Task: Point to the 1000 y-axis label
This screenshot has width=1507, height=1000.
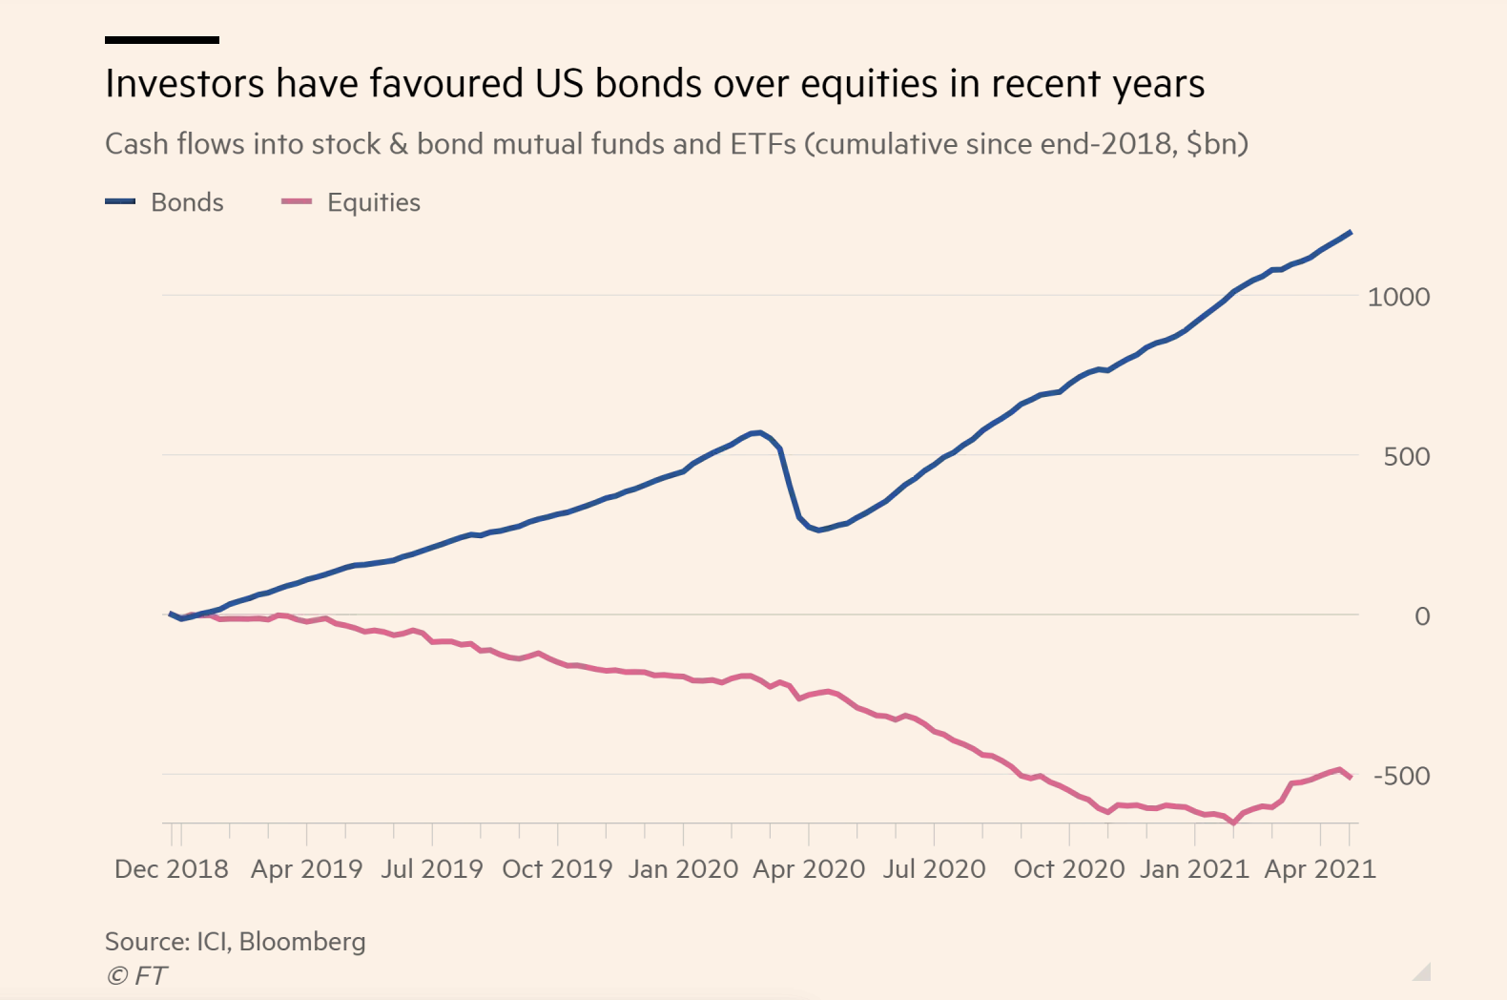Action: pos(1398,297)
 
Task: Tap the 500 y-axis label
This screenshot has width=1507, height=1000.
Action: pos(1407,456)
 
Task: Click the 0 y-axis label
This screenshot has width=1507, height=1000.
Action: pos(1421,616)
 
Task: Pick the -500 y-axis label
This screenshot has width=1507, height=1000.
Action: pos(1401,776)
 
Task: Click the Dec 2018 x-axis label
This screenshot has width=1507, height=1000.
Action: pos(172,868)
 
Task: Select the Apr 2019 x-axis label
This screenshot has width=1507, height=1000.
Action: pos(306,868)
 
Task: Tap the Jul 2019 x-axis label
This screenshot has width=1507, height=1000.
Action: pos(432,868)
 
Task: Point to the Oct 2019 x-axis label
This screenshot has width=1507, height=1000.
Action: pos(557,868)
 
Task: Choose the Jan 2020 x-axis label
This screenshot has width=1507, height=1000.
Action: pos(683,868)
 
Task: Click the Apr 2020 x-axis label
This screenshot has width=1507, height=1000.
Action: pos(809,868)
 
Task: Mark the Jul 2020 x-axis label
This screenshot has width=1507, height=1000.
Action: pos(934,868)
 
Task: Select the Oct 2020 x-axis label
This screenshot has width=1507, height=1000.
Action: pos(1069,868)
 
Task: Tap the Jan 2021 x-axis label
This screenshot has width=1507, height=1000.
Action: pos(1194,868)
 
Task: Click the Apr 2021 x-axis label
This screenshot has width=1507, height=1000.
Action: pos(1320,868)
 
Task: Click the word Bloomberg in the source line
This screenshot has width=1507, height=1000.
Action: pos(302,942)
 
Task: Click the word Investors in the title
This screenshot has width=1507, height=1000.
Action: pos(184,84)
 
